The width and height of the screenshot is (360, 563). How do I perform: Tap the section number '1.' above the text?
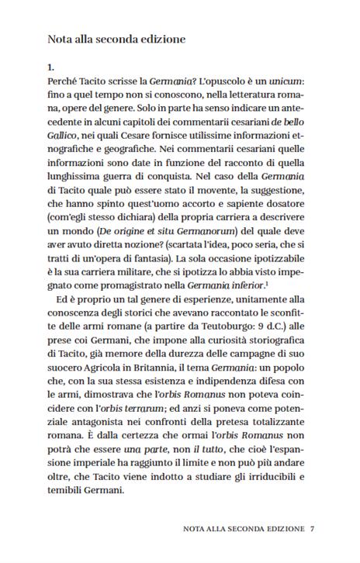52,67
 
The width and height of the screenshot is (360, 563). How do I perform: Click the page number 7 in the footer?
312,531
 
